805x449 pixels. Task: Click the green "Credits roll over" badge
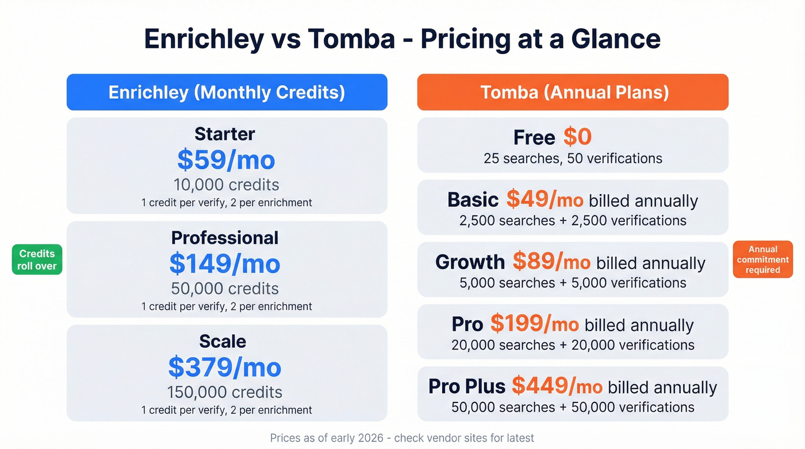[x=37, y=260]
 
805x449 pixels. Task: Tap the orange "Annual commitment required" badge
[x=762, y=260]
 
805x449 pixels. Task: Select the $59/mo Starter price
[x=226, y=160]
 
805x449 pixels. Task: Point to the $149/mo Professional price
[x=225, y=263]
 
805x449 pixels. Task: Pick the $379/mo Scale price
[x=225, y=367]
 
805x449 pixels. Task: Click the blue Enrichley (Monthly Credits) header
[x=227, y=92]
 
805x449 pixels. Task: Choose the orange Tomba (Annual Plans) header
[x=573, y=92]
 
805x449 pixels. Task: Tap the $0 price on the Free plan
[x=577, y=137]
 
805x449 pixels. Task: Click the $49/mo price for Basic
[x=545, y=199]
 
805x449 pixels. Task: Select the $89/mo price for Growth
[x=551, y=262]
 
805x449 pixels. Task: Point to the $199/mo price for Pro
[x=534, y=324]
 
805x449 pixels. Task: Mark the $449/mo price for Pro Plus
[x=557, y=386]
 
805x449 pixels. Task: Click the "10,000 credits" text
[x=226, y=185]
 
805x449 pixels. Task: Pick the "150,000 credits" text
[x=225, y=393]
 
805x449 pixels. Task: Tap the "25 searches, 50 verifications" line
[x=573, y=158]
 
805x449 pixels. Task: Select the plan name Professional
[x=225, y=238]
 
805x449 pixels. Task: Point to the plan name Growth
[x=470, y=262]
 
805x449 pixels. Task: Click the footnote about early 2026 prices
[x=402, y=438]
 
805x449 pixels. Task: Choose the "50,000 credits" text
[x=225, y=289]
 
